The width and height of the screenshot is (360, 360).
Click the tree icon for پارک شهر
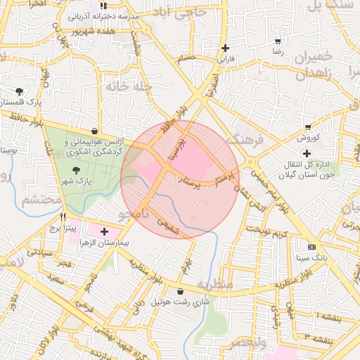tap(76, 170)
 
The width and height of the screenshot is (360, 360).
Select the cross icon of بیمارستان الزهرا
tap(105, 231)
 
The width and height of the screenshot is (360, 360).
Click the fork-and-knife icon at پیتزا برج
tap(64, 217)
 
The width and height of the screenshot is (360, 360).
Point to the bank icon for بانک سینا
tap(312, 247)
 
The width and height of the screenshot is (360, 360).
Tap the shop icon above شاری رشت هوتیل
tap(181, 291)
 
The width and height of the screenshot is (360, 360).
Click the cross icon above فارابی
tap(225, 48)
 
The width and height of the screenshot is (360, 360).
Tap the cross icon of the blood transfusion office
tap(307, 153)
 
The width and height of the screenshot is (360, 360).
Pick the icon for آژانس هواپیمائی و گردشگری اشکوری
tap(94, 130)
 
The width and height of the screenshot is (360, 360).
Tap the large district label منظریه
tap(214, 285)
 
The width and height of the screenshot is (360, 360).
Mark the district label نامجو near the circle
tap(134, 211)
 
